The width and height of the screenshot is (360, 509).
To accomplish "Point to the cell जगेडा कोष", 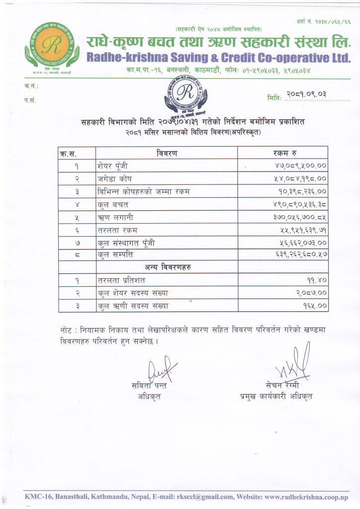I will pyautogui.click(x=115, y=178).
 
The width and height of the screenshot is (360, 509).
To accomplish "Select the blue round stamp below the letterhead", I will pyautogui.click(x=186, y=95).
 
